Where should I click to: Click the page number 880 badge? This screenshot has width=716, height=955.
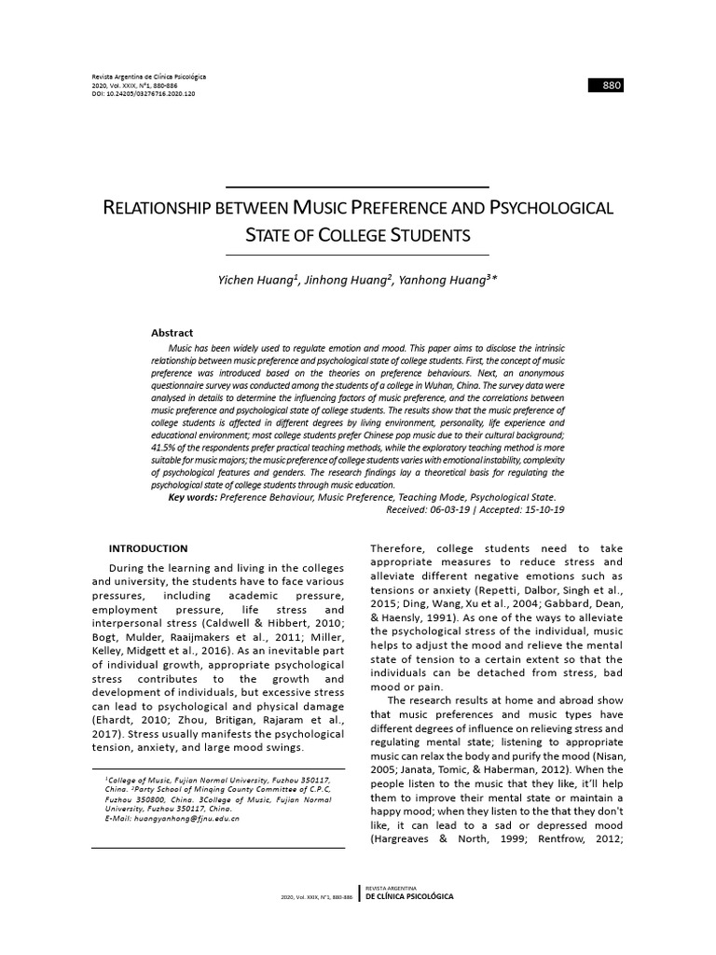605,86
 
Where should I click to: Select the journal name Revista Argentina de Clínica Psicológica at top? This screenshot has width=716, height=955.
149,76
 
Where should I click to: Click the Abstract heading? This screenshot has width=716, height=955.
172,333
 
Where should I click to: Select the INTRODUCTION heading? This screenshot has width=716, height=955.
148,548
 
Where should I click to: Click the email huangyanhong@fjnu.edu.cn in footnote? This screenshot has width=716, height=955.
178,818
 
